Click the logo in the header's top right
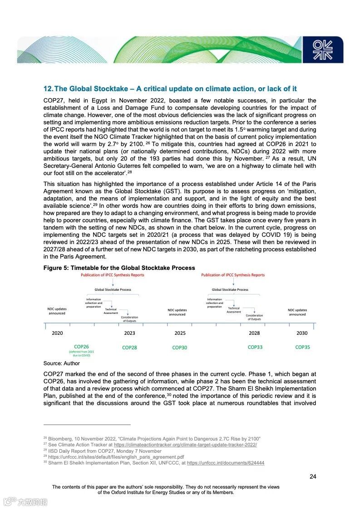coord(323,49)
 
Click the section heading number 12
coord(48,88)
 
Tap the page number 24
coord(312,476)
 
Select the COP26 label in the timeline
coord(82,347)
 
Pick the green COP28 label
coord(129,347)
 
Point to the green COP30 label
coord(179,347)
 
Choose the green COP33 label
coord(255,347)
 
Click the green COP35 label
coord(302,347)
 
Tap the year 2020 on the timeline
coord(57,333)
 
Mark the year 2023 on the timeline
coord(129,333)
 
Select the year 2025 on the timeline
coord(180,333)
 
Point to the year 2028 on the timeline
coord(254,333)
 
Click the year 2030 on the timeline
coord(302,333)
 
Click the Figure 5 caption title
coord(119,268)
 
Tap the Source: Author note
coord(61,363)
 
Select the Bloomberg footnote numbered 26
coord(152,439)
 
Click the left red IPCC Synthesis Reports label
coord(112,275)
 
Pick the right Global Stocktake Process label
coord(230,289)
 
